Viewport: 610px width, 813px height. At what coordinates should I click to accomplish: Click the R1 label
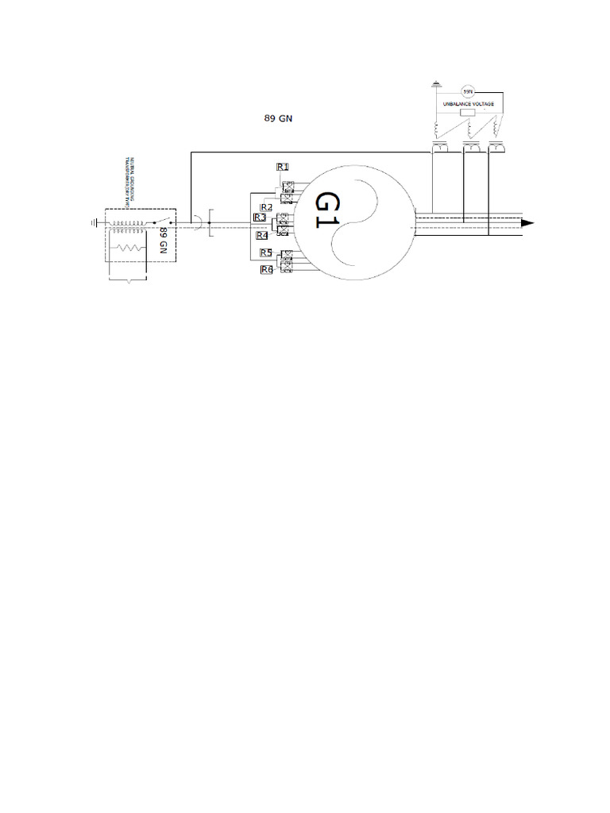(282, 167)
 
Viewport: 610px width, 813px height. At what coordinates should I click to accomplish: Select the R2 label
(266, 207)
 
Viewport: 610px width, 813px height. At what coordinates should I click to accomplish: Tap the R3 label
(260, 218)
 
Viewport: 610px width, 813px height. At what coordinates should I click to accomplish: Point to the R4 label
(262, 235)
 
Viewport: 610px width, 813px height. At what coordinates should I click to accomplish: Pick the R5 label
(266, 253)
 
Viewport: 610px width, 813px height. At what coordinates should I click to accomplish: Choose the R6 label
(266, 270)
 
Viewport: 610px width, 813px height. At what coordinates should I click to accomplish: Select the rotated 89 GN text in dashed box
(164, 239)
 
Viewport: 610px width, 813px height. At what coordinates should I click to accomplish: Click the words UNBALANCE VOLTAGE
(469, 104)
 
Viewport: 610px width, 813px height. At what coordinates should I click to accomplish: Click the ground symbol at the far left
(94, 223)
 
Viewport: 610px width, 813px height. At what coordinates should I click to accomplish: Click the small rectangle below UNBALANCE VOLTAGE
(469, 114)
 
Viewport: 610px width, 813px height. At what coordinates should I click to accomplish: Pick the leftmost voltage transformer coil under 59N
(438, 130)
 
